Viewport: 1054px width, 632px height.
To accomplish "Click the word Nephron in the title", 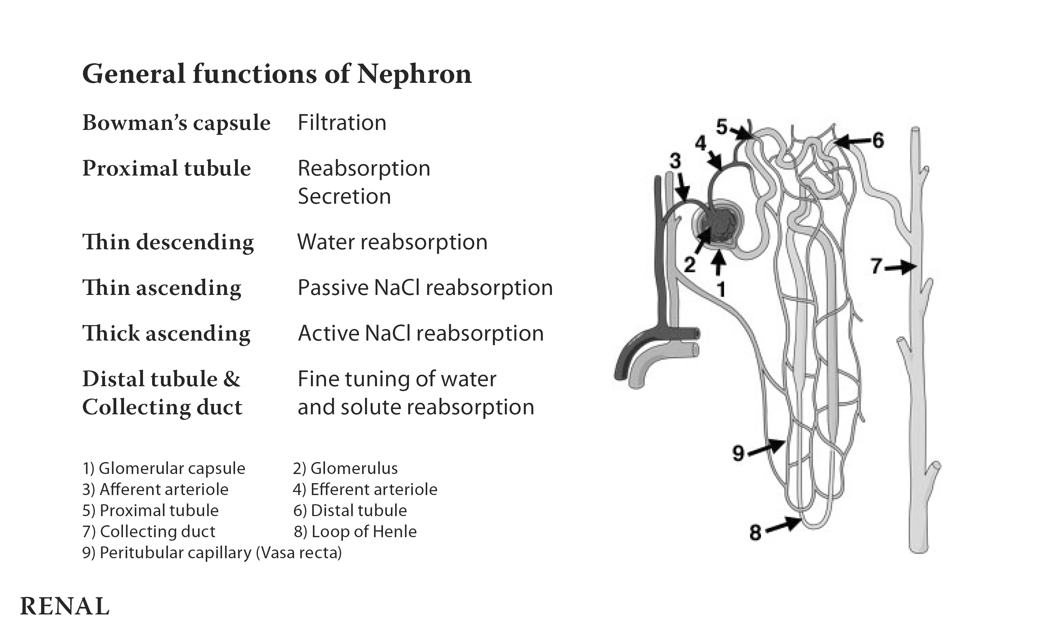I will coord(414,74).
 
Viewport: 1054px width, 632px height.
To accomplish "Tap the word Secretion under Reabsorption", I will coord(344,196).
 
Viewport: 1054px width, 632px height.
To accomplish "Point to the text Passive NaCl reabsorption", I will coord(425,288).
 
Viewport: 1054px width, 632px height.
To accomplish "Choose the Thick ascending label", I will coord(166,333).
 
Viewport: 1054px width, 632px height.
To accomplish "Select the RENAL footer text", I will coord(65,606).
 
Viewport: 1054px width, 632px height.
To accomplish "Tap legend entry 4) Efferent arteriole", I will coord(365,489).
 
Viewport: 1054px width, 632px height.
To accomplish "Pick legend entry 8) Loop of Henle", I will coord(355,532).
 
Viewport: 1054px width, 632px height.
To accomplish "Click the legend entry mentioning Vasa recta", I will coord(212,552).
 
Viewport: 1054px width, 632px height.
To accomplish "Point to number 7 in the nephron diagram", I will coord(876,266).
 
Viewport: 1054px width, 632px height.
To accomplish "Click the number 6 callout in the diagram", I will coord(878,140).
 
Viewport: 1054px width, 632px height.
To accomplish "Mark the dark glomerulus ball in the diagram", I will coord(718,226).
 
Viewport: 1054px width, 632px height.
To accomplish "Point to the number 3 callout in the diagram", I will coord(675,161).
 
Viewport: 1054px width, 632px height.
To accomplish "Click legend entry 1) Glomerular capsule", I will coord(164,468).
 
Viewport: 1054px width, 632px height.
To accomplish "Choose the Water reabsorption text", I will coord(392,242).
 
